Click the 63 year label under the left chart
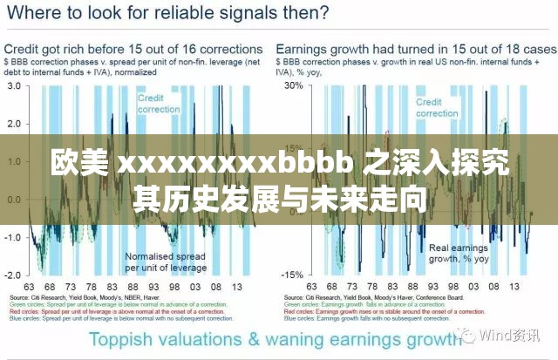[28, 287]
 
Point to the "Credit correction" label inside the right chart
[436, 108]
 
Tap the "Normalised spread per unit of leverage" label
[166, 262]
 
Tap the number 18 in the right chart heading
[493, 50]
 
